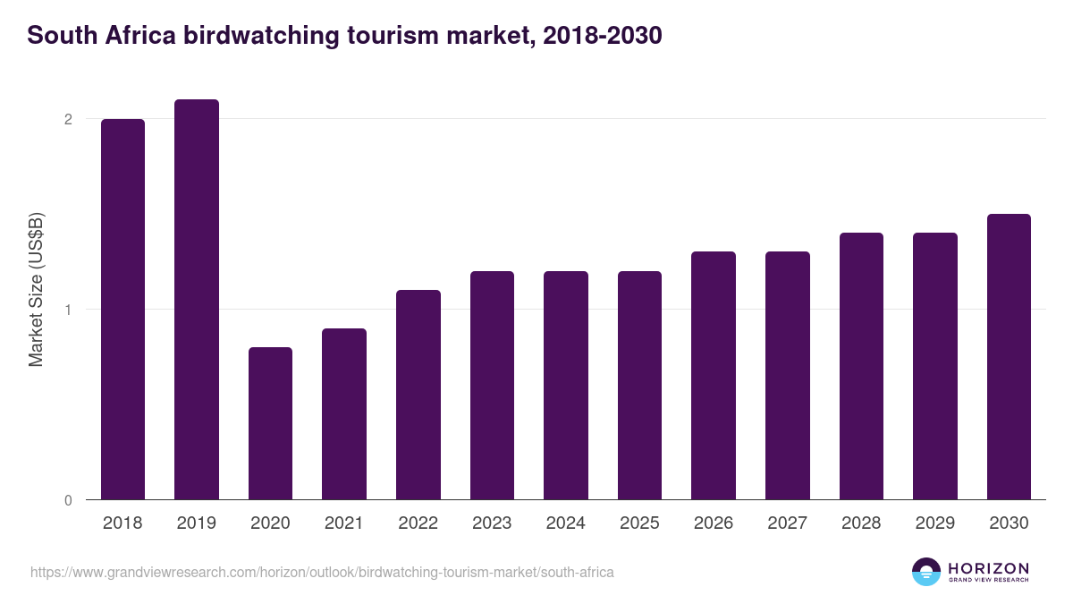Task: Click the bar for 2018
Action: [123, 309]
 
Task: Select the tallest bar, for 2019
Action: [197, 300]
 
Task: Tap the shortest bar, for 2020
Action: [270, 423]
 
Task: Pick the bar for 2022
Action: [418, 395]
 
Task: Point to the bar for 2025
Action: [639, 385]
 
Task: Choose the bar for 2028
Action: [861, 366]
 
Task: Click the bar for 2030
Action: [1009, 356]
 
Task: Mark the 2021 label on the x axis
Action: [344, 523]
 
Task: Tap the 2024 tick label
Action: [566, 523]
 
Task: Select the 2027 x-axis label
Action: [788, 523]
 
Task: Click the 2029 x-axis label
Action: [935, 523]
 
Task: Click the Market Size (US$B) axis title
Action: [37, 290]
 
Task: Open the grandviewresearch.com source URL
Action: [322, 572]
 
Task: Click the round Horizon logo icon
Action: [926, 572]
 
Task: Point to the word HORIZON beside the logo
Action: [988, 567]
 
